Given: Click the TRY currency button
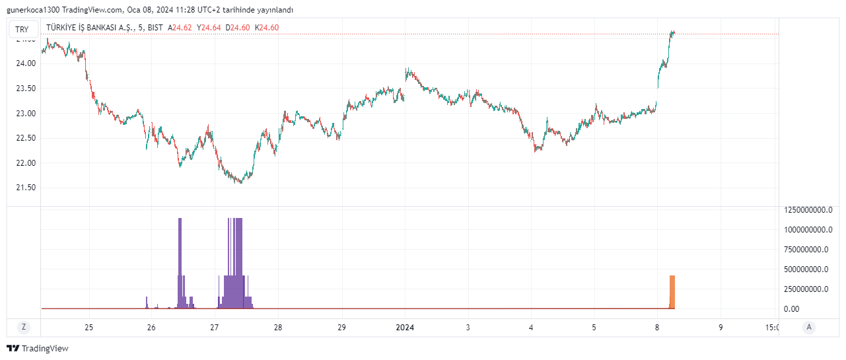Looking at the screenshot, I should click(22, 29).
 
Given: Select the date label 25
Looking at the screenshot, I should click(89, 328).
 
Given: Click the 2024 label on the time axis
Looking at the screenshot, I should click(404, 328).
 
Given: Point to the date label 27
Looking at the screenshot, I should click(214, 328).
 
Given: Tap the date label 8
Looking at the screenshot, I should click(657, 328).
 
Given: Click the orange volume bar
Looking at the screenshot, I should click(672, 292).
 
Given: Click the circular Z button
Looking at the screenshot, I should click(24, 327).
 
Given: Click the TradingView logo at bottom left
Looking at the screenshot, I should click(38, 348).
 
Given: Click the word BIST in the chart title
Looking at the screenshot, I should click(156, 28).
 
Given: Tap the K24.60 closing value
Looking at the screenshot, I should click(267, 28).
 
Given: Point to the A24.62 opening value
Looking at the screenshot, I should click(180, 28).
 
